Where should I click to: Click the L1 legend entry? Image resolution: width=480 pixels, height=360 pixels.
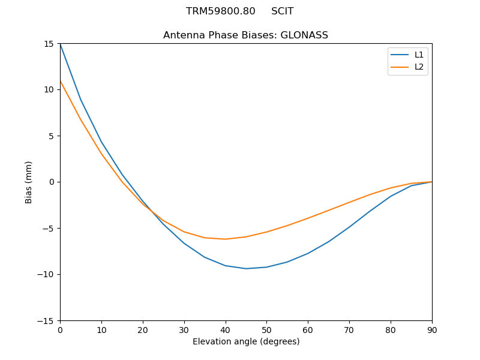pyautogui.click(x=419, y=55)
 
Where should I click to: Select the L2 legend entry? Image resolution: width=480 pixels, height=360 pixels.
pyautogui.click(x=419, y=67)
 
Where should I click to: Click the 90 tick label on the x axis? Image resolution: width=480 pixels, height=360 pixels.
pyautogui.click(x=432, y=329)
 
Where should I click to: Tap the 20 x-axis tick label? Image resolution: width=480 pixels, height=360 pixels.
pyautogui.click(x=143, y=329)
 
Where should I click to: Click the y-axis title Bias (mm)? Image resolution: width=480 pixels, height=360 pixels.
pyautogui.click(x=29, y=182)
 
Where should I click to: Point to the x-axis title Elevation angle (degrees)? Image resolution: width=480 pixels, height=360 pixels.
pyautogui.click(x=246, y=341)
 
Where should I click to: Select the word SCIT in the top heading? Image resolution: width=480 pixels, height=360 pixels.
pyautogui.click(x=282, y=11)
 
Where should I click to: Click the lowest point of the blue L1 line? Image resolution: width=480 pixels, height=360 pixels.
pyautogui.click(x=246, y=268)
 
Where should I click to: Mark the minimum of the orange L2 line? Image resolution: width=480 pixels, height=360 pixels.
pyautogui.click(x=225, y=239)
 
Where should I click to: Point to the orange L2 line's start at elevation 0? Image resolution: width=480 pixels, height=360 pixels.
pyautogui.click(x=60, y=81)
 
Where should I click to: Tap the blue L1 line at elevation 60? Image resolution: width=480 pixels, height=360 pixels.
pyautogui.click(x=308, y=253)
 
